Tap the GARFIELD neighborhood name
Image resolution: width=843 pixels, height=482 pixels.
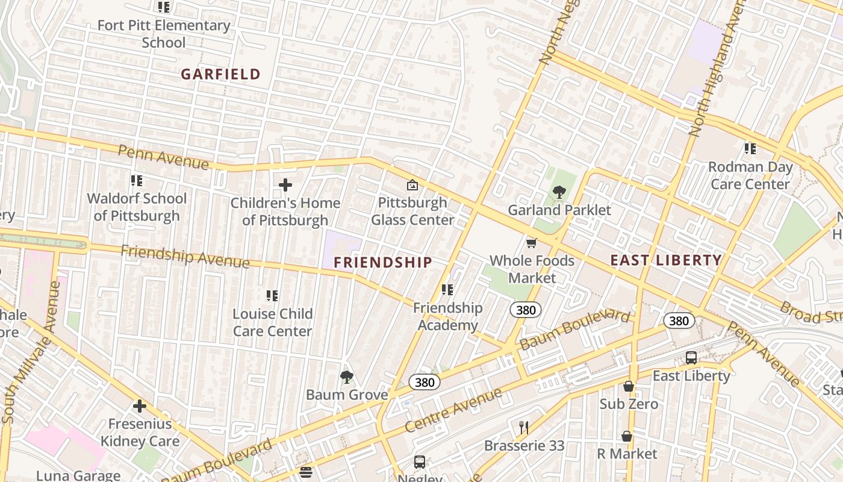221,75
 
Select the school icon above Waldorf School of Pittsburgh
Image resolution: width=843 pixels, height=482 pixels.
137,181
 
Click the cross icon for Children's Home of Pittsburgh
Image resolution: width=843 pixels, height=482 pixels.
285,185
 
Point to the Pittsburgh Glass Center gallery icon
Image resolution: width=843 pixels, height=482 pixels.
412,185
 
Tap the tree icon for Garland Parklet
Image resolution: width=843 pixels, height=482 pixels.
559,193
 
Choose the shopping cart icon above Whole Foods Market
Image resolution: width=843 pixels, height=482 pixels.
531,243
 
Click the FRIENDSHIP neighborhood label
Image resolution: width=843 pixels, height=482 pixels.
383,262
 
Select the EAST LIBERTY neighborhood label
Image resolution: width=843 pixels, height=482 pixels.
666,260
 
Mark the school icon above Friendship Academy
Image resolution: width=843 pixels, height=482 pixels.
447,290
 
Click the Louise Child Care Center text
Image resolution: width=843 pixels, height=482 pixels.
273,322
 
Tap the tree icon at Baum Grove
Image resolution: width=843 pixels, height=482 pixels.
346,377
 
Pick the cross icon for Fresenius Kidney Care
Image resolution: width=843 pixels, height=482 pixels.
140,406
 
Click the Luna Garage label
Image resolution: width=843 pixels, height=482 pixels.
78,475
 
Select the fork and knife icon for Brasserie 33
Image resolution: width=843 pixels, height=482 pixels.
524,428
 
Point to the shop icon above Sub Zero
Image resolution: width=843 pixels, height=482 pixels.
629,386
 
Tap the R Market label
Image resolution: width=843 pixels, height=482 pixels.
627,453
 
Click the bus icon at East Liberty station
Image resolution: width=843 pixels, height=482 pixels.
691,358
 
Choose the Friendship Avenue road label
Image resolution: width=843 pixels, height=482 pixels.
185,257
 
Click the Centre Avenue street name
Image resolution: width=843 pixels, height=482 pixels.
453,411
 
